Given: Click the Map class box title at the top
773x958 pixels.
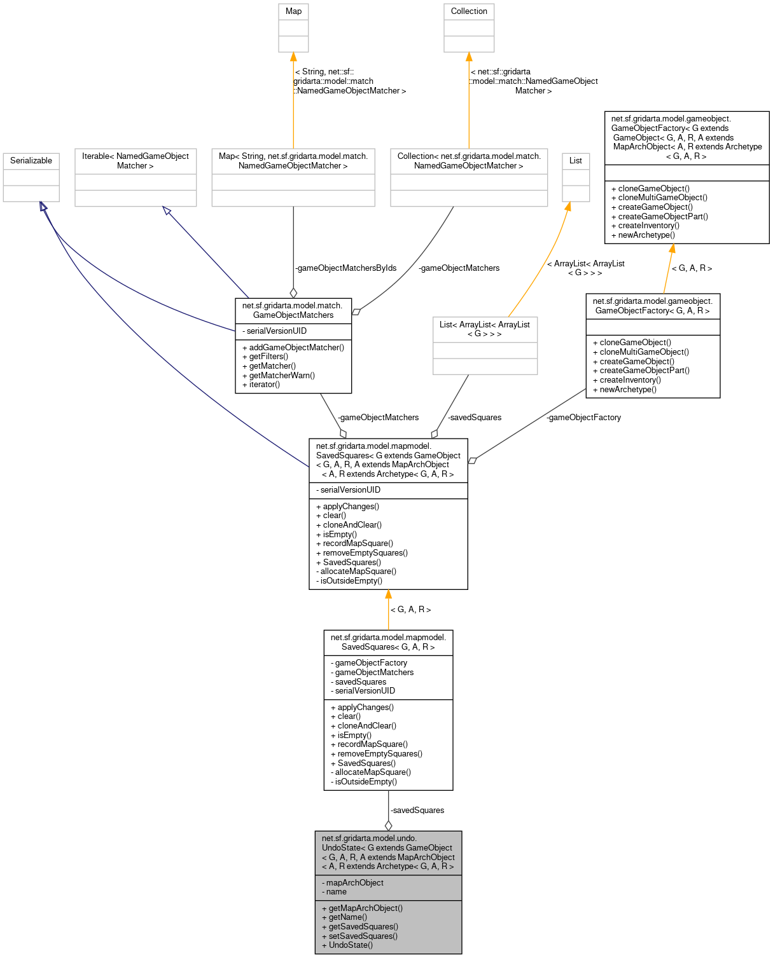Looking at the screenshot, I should pyautogui.click(x=293, y=11).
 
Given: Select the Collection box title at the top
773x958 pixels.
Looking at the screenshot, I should pyautogui.click(x=469, y=11).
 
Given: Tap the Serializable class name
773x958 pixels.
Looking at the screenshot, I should pyautogui.click(x=31, y=161).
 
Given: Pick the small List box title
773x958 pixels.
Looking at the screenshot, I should pyautogui.click(x=576, y=161).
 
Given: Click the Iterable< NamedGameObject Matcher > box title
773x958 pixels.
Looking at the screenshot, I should pyautogui.click(x=136, y=161).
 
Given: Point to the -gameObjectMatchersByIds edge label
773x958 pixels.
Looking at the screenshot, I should pyautogui.click(x=345, y=268).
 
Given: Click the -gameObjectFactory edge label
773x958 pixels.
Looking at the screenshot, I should pyautogui.click(x=583, y=418).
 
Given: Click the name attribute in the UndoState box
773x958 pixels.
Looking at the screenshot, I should pyautogui.click(x=337, y=892).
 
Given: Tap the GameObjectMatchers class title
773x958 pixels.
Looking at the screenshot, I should pyautogui.click(x=293, y=310).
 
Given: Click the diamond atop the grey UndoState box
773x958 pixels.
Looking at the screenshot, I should pyautogui.click(x=388, y=825).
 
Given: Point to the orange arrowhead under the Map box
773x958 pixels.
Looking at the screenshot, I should pyautogui.click(x=293, y=57).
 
